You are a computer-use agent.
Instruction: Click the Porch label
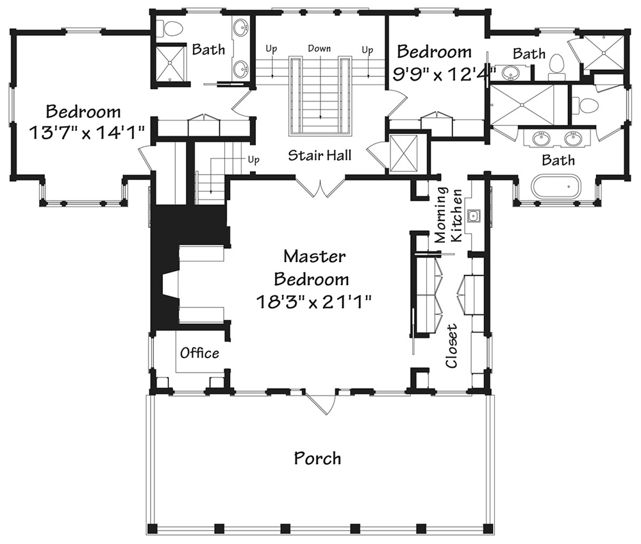click(x=317, y=459)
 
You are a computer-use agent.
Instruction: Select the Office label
click(x=199, y=353)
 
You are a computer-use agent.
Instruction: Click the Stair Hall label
click(x=319, y=154)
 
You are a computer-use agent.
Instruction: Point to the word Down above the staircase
click(x=319, y=49)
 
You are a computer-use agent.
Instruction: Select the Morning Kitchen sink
click(x=475, y=215)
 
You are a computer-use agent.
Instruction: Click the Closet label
click(x=453, y=346)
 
